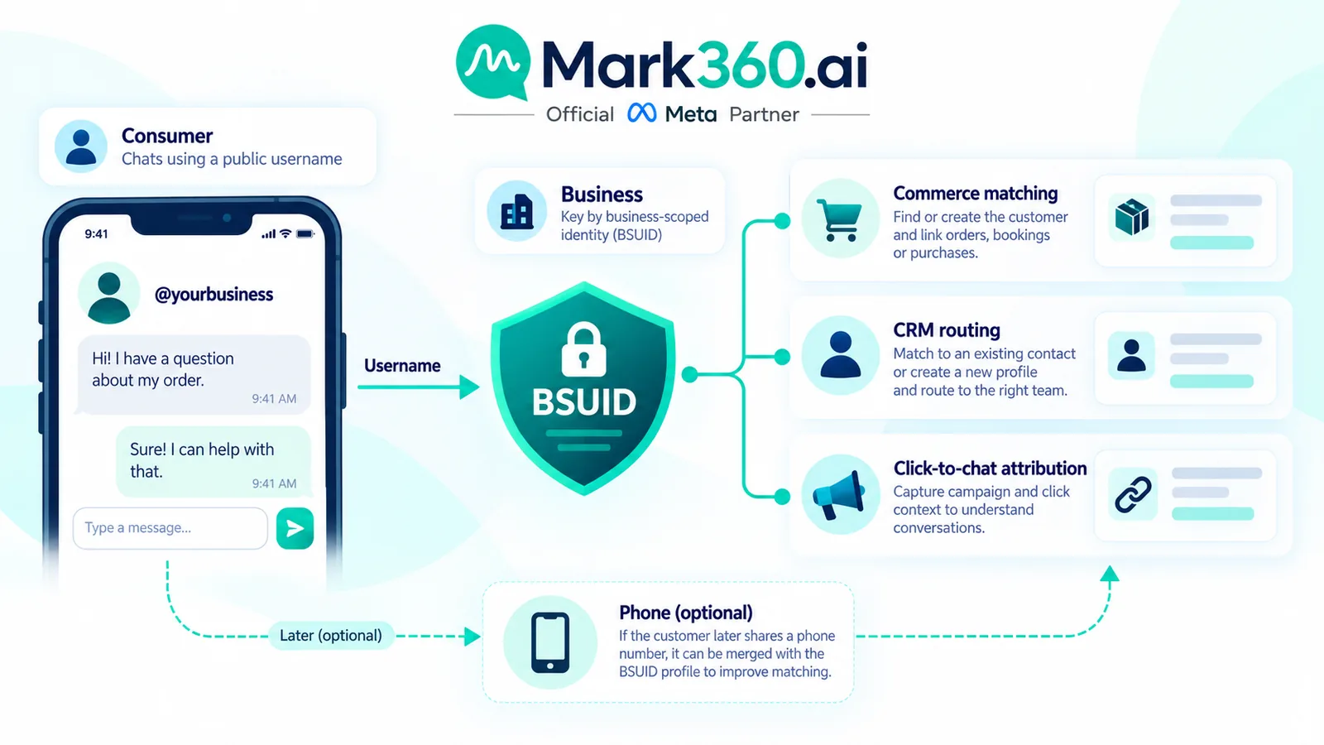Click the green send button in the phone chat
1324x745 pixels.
point(295,528)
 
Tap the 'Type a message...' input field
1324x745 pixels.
point(170,528)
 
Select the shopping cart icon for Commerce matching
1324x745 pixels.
point(839,220)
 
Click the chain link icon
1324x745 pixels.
point(1133,494)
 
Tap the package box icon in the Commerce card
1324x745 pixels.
point(1131,217)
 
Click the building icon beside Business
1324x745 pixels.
point(516,212)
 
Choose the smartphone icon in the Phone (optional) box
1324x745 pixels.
point(550,642)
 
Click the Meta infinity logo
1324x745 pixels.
point(642,113)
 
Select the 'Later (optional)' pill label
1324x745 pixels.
point(330,636)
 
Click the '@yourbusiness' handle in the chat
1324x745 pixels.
point(213,295)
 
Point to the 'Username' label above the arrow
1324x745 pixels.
point(402,365)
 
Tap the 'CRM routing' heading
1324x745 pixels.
point(947,330)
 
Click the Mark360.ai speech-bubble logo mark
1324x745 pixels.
point(493,62)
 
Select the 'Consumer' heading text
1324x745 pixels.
point(166,136)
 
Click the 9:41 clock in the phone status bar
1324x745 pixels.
point(96,234)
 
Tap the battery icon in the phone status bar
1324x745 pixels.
point(305,234)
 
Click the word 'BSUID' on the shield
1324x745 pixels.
point(583,402)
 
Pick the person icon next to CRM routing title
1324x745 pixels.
point(839,355)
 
